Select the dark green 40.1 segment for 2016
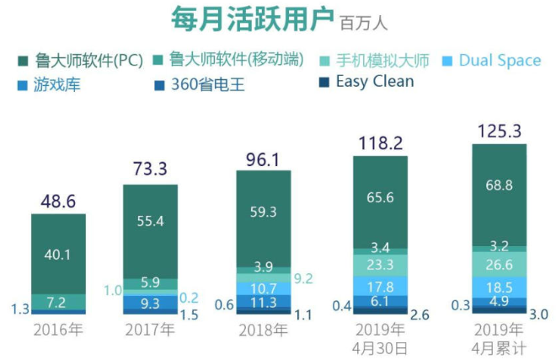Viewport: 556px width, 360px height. pyautogui.click(x=58, y=254)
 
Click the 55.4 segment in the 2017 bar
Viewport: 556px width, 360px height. pyautogui.click(x=150, y=222)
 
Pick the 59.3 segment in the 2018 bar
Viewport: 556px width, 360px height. pyautogui.click(x=264, y=212)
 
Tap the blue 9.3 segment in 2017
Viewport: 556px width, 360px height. pyautogui.click(x=150, y=301)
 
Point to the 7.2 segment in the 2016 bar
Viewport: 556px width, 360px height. pyautogui.click(x=58, y=302)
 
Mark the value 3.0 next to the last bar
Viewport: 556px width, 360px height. pyautogui.click(x=539, y=314)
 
